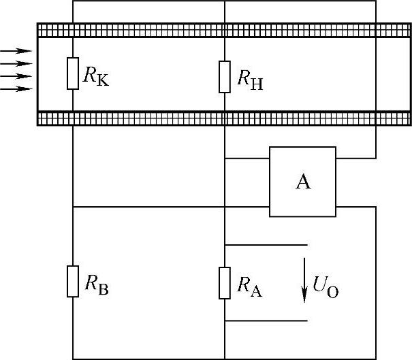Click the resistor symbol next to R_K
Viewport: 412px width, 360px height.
[x=73, y=73]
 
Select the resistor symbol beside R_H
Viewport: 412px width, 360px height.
[x=225, y=76]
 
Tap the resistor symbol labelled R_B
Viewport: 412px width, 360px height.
[x=73, y=281]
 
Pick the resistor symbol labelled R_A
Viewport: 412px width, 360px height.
[x=225, y=282]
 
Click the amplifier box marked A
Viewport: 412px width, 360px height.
[x=303, y=182]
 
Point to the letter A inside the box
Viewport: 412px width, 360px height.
[x=303, y=182]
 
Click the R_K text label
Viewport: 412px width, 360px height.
[x=95, y=76]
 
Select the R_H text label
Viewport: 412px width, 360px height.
[x=250, y=80]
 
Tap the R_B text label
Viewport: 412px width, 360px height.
[x=96, y=285]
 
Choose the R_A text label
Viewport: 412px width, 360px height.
[x=249, y=287]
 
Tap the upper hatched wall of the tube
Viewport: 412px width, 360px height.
[x=224, y=31]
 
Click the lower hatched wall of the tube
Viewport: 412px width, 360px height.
[x=224, y=118]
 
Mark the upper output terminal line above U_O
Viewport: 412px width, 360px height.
[x=266, y=244]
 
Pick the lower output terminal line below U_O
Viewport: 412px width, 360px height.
[x=266, y=321]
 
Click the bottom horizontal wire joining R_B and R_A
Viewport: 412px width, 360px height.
[x=148, y=359]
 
